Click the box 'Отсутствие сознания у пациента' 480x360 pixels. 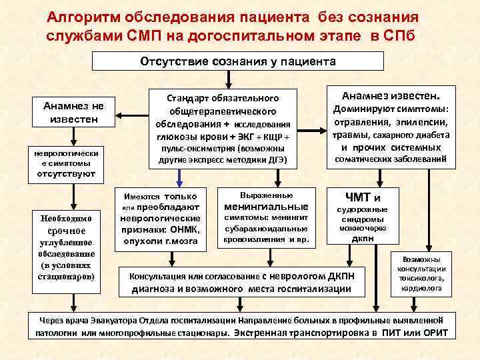tap(237, 61)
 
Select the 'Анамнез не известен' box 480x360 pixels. tap(70, 112)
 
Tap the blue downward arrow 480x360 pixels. tap(179, 177)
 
